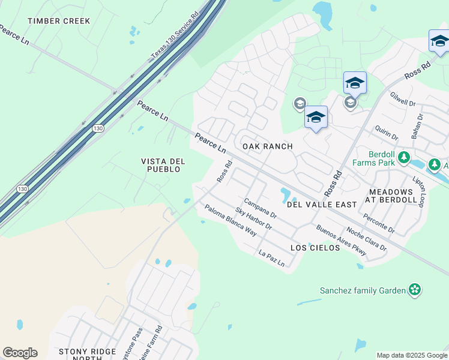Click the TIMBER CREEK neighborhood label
(59, 21)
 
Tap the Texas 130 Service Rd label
(174, 37)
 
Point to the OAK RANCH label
(267, 146)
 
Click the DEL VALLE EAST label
(322, 205)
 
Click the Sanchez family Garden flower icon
(414, 290)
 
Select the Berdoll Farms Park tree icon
(405, 158)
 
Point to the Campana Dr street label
(260, 208)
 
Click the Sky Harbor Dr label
(253, 219)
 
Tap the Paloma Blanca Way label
(231, 220)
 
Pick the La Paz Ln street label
(271, 258)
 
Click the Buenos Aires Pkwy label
(341, 240)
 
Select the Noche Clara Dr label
(366, 239)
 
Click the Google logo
(20, 353)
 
